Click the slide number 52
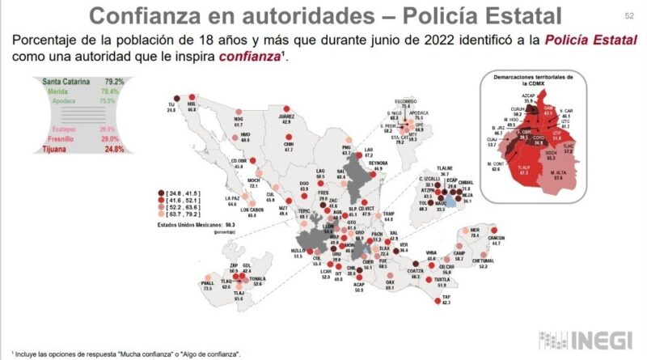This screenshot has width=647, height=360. click(629, 15)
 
